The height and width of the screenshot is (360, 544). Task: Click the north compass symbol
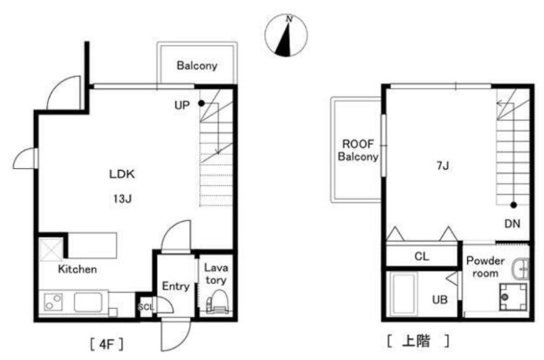(x=286, y=35)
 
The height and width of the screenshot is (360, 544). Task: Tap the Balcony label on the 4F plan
(x=197, y=65)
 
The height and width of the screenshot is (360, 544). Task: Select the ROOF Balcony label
(x=358, y=150)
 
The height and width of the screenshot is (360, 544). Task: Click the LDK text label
(x=122, y=174)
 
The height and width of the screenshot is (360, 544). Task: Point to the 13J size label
(x=122, y=199)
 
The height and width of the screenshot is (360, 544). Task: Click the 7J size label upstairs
(x=443, y=166)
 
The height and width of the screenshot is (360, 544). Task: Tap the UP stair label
(x=182, y=105)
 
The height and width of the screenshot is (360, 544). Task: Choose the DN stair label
(x=512, y=224)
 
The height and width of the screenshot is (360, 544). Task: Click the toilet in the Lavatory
(x=217, y=301)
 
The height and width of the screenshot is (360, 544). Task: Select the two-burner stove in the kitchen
(x=53, y=302)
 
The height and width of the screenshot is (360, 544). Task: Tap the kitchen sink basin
(x=88, y=302)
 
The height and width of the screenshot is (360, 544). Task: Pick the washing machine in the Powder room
(x=513, y=297)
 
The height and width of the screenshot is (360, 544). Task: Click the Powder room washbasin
(x=521, y=268)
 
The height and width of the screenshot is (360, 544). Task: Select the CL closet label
(x=422, y=257)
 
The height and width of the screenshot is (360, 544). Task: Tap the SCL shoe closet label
(x=146, y=307)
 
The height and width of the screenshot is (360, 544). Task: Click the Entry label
(x=176, y=287)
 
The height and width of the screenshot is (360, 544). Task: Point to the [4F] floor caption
(x=106, y=344)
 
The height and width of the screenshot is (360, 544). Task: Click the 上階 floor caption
(x=418, y=341)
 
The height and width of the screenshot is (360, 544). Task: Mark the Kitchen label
(x=78, y=269)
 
